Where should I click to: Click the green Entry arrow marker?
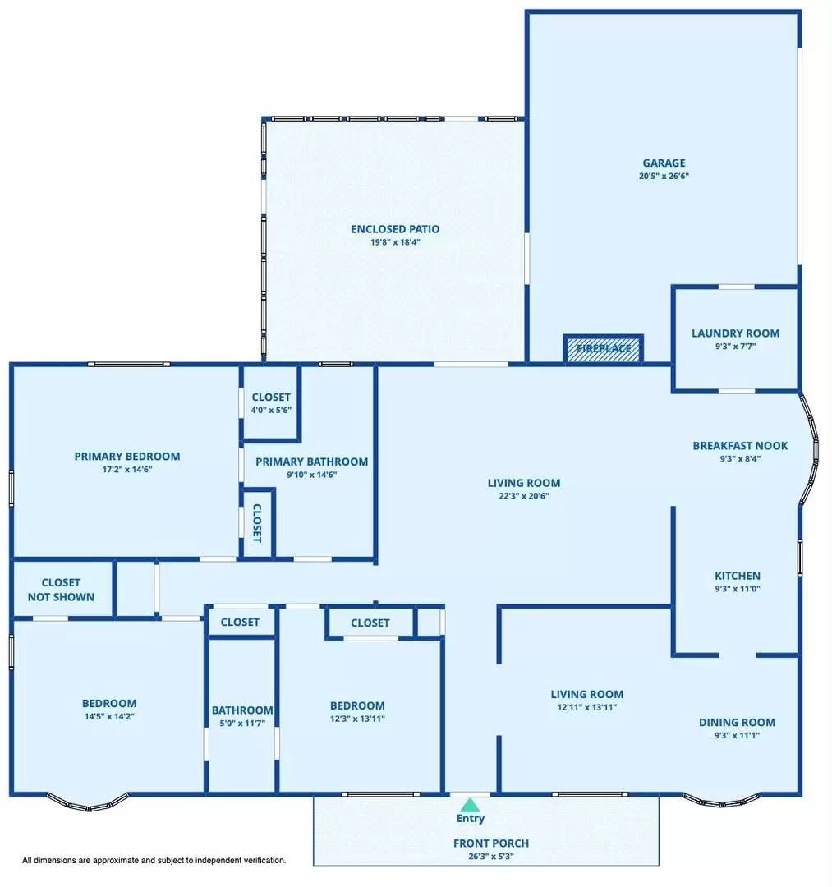click(470, 804)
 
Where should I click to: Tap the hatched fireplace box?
click(604, 349)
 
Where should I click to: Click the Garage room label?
click(664, 163)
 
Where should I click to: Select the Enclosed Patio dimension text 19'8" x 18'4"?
click(395, 242)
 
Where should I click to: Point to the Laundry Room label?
click(735, 333)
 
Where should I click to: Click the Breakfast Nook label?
click(740, 446)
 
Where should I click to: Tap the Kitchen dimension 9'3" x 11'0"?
click(737, 588)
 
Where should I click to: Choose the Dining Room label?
click(737, 723)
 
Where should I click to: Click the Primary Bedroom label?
click(127, 457)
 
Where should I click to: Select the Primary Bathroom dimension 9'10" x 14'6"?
click(311, 475)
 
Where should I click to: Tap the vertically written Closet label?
click(257, 523)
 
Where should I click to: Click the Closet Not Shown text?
click(61, 590)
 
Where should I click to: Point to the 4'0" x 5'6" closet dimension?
click(271, 410)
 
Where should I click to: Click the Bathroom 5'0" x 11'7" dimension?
click(242, 723)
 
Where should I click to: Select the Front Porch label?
click(491, 843)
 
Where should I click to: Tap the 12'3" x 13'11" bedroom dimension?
click(357, 719)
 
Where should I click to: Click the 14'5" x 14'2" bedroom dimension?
click(109, 716)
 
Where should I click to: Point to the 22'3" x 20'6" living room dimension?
click(524, 496)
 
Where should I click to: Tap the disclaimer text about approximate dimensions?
click(154, 860)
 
